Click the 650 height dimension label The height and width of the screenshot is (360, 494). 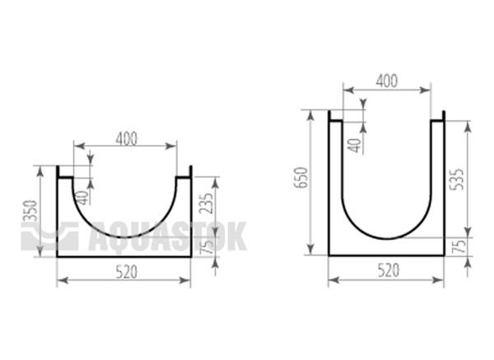click(x=301, y=178)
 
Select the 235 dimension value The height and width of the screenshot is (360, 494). click(x=207, y=203)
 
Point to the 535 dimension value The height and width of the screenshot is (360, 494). click(x=458, y=179)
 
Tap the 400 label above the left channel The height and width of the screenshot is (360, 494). click(x=127, y=138)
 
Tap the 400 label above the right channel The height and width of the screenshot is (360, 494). click(x=387, y=81)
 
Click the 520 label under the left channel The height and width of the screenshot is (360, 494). click(x=127, y=272)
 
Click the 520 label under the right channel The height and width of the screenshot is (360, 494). click(x=389, y=270)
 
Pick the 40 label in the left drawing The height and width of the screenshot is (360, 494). click(x=82, y=198)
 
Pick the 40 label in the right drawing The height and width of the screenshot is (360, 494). click(x=356, y=145)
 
